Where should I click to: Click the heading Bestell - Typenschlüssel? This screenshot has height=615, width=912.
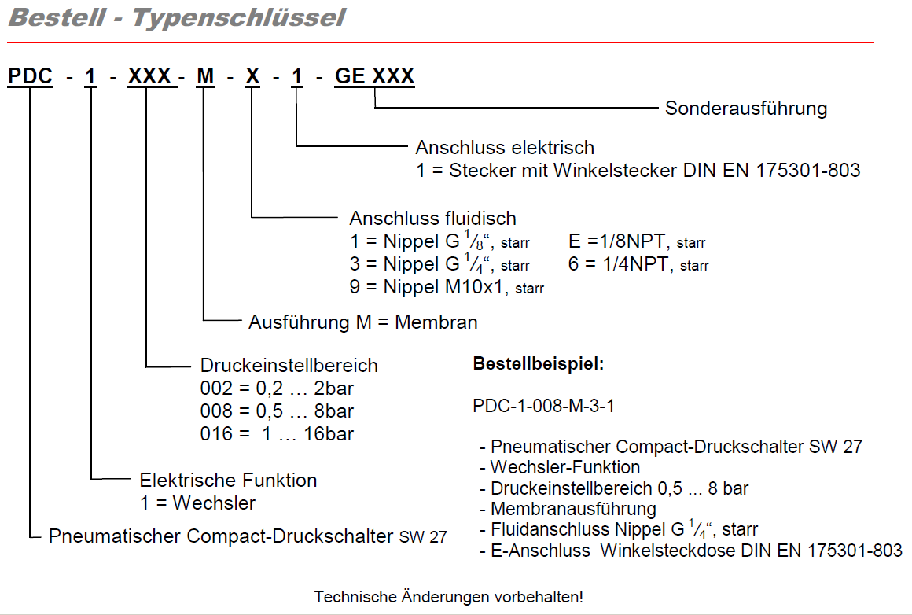click(176, 17)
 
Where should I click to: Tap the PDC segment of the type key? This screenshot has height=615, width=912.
click(31, 76)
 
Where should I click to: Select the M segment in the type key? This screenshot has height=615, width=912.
click(204, 76)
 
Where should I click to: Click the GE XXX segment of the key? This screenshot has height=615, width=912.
click(374, 76)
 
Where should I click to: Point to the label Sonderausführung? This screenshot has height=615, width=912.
click(746, 108)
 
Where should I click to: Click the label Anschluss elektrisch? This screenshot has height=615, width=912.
click(505, 147)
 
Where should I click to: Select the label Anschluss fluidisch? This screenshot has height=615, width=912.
click(433, 218)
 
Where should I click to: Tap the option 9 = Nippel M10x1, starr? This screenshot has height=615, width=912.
click(447, 287)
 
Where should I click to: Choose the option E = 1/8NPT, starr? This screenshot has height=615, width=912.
click(637, 241)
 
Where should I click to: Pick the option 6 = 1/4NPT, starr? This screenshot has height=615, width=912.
click(638, 264)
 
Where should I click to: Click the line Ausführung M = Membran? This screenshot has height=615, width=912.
click(363, 322)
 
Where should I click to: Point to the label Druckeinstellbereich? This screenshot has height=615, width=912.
click(289, 366)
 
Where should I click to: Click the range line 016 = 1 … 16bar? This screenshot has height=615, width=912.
click(277, 434)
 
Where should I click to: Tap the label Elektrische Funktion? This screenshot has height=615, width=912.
click(228, 480)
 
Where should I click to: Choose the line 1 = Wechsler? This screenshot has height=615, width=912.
click(197, 503)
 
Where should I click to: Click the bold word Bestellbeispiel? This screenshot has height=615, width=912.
click(538, 364)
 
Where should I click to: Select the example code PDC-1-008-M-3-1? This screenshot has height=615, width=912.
click(543, 406)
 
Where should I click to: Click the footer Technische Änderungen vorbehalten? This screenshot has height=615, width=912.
click(449, 597)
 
